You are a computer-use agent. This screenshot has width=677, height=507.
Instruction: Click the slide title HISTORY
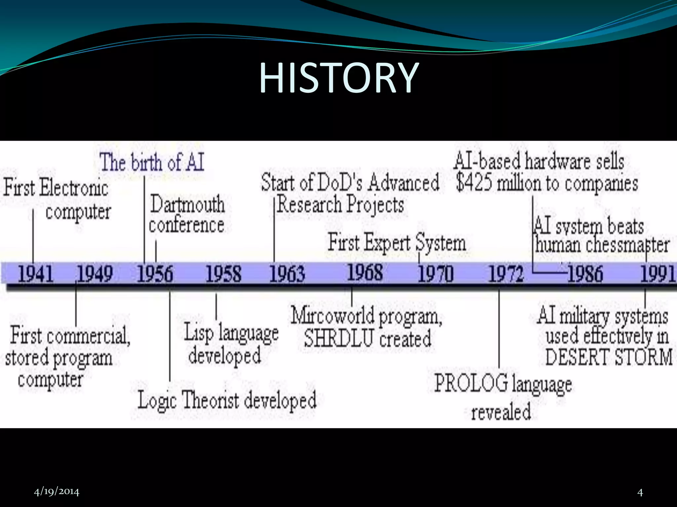coord(338,79)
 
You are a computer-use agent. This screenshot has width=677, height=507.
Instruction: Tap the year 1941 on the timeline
coord(35,274)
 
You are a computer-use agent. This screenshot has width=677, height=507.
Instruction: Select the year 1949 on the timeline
coord(95,274)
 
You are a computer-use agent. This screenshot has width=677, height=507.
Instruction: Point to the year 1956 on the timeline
coord(155,274)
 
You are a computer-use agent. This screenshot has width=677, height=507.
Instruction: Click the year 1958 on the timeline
coord(223,274)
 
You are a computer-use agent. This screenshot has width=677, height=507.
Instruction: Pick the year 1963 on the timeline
coord(287,274)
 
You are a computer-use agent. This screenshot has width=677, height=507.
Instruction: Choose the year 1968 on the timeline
coord(365,273)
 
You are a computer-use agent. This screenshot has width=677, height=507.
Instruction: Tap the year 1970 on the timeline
coord(435,274)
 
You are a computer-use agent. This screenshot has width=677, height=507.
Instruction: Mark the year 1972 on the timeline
coord(506,274)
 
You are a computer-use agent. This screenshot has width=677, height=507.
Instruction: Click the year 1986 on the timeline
coord(585,274)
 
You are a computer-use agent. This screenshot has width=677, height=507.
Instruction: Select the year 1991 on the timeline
coord(657,274)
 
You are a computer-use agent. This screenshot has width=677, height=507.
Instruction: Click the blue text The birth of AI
coord(152,162)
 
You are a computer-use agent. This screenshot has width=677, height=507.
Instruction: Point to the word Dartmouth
coord(187,204)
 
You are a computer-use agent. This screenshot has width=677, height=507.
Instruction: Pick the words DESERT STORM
coord(609,357)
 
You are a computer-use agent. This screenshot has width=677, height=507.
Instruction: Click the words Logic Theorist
coord(188,400)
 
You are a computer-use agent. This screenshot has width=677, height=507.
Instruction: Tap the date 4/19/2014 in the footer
coord(57,492)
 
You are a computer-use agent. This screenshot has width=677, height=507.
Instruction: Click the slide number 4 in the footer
coord(640,493)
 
